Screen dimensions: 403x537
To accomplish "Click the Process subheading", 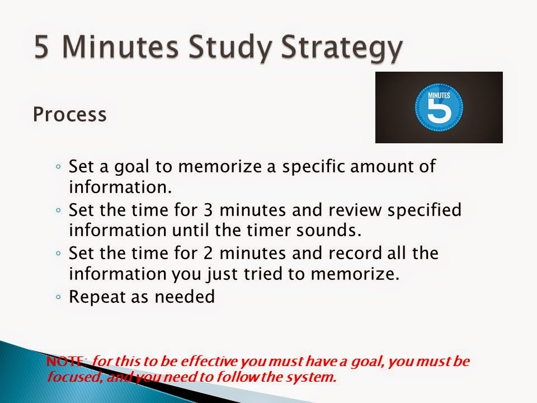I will (69, 114).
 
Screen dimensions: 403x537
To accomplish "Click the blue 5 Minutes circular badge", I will (439, 107).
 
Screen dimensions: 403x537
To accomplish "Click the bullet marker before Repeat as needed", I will (59, 298).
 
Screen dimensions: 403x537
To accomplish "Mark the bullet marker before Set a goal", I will (59, 167).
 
